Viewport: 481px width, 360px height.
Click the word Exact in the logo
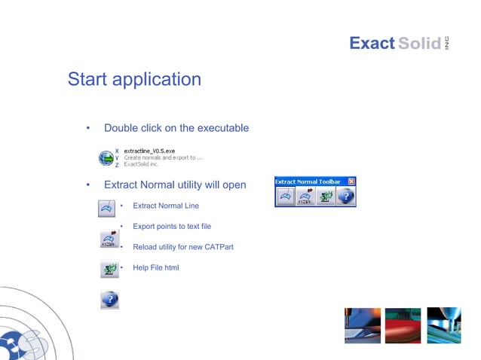pyautogui.click(x=372, y=44)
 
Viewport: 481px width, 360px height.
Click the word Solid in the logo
pyautogui.click(x=419, y=44)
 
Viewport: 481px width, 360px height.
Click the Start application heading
pyautogui.click(x=134, y=79)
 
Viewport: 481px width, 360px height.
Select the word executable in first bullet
pyautogui.click(x=221, y=128)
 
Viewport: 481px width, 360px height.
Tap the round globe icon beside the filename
pyautogui.click(x=106, y=158)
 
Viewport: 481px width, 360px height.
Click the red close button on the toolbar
pyautogui.click(x=351, y=182)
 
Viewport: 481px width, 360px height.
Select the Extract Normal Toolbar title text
pyautogui.click(x=308, y=182)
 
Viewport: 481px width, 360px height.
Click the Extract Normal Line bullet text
pyautogui.click(x=166, y=206)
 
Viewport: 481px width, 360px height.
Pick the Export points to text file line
pyautogui.click(x=172, y=226)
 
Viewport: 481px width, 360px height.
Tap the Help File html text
pyautogui.click(x=155, y=267)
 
